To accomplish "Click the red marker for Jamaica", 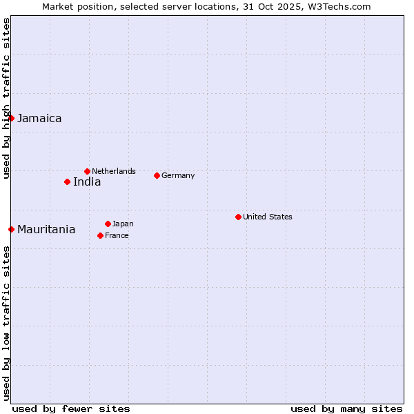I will point(11,118).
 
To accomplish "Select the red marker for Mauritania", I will point(11,229).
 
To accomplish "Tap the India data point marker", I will point(67,181).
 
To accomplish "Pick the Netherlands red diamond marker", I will point(87,171).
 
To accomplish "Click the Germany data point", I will point(157,175).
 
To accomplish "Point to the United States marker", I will point(238,217).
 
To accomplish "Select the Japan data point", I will point(108,224).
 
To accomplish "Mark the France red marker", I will point(100,235).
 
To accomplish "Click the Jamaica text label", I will point(39,118).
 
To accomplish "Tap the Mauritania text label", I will point(46,229).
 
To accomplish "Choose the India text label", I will point(87,181).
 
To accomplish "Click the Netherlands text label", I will point(114,171).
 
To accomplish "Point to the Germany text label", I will point(178,175).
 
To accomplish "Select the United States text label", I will point(268,217).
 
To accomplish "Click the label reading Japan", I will point(123,224).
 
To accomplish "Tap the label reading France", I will point(117,235).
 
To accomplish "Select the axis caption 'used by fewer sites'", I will point(71,408).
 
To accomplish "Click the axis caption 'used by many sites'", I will point(346,408).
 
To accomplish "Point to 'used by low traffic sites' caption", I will point(6,324).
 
